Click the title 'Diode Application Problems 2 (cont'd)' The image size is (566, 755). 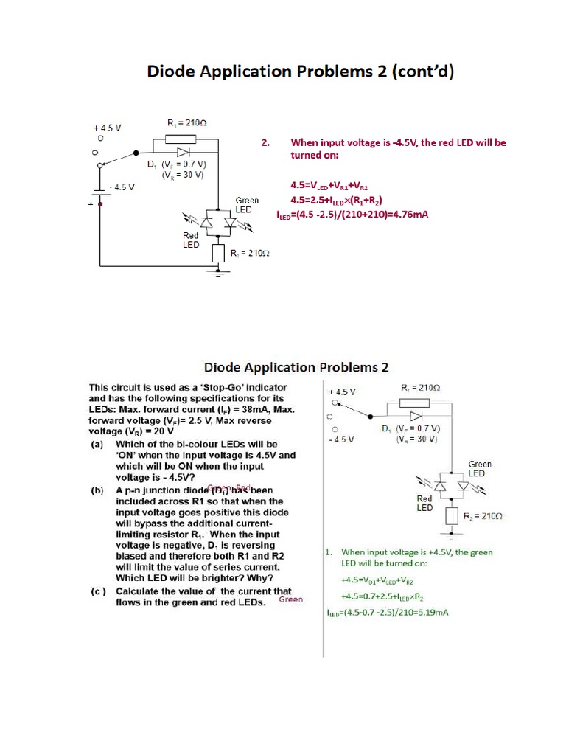tap(301, 72)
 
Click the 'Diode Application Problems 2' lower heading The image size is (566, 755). tap(296, 367)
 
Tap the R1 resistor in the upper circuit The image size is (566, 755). tap(180, 139)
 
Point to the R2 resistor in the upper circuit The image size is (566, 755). tap(217, 254)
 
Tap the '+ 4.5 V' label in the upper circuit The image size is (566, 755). tap(107, 128)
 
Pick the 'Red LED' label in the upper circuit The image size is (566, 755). tap(191, 240)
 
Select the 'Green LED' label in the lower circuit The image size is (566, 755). tap(480, 469)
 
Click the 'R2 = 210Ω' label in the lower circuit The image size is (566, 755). tap(482, 516)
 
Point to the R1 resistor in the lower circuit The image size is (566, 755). tap(415, 403)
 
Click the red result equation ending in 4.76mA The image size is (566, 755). tap(352, 215)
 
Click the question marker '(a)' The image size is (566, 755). tap(97, 445)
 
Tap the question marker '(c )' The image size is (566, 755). tap(98, 591)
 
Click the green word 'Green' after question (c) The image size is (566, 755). tap(291, 600)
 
